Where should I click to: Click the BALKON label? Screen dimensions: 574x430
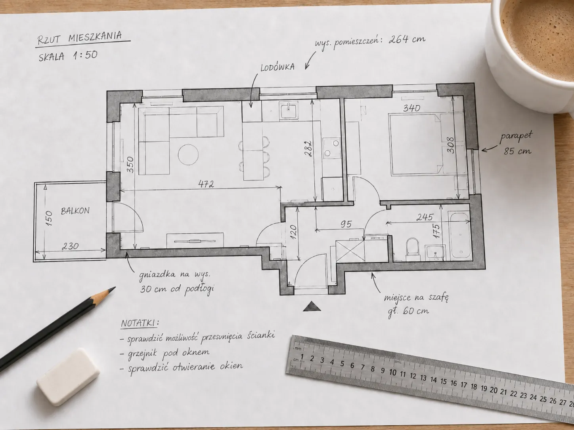pos(75,211)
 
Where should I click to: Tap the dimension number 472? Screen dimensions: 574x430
pos(206,184)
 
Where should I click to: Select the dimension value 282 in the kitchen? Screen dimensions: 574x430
pos(308,148)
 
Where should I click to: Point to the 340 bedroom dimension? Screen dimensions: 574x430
pos(411,108)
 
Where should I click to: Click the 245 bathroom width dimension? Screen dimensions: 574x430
pos(425,217)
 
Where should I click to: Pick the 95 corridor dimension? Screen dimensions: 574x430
pos(346,224)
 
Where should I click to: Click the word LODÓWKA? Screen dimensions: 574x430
pos(277,67)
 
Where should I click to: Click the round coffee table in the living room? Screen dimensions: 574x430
pos(188,154)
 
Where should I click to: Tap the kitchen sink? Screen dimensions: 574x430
pos(289,111)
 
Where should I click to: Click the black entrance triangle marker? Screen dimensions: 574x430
pos(312,306)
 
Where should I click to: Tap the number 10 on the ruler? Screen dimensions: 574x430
pos(392,373)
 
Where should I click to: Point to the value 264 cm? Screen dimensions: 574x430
pos(407,39)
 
